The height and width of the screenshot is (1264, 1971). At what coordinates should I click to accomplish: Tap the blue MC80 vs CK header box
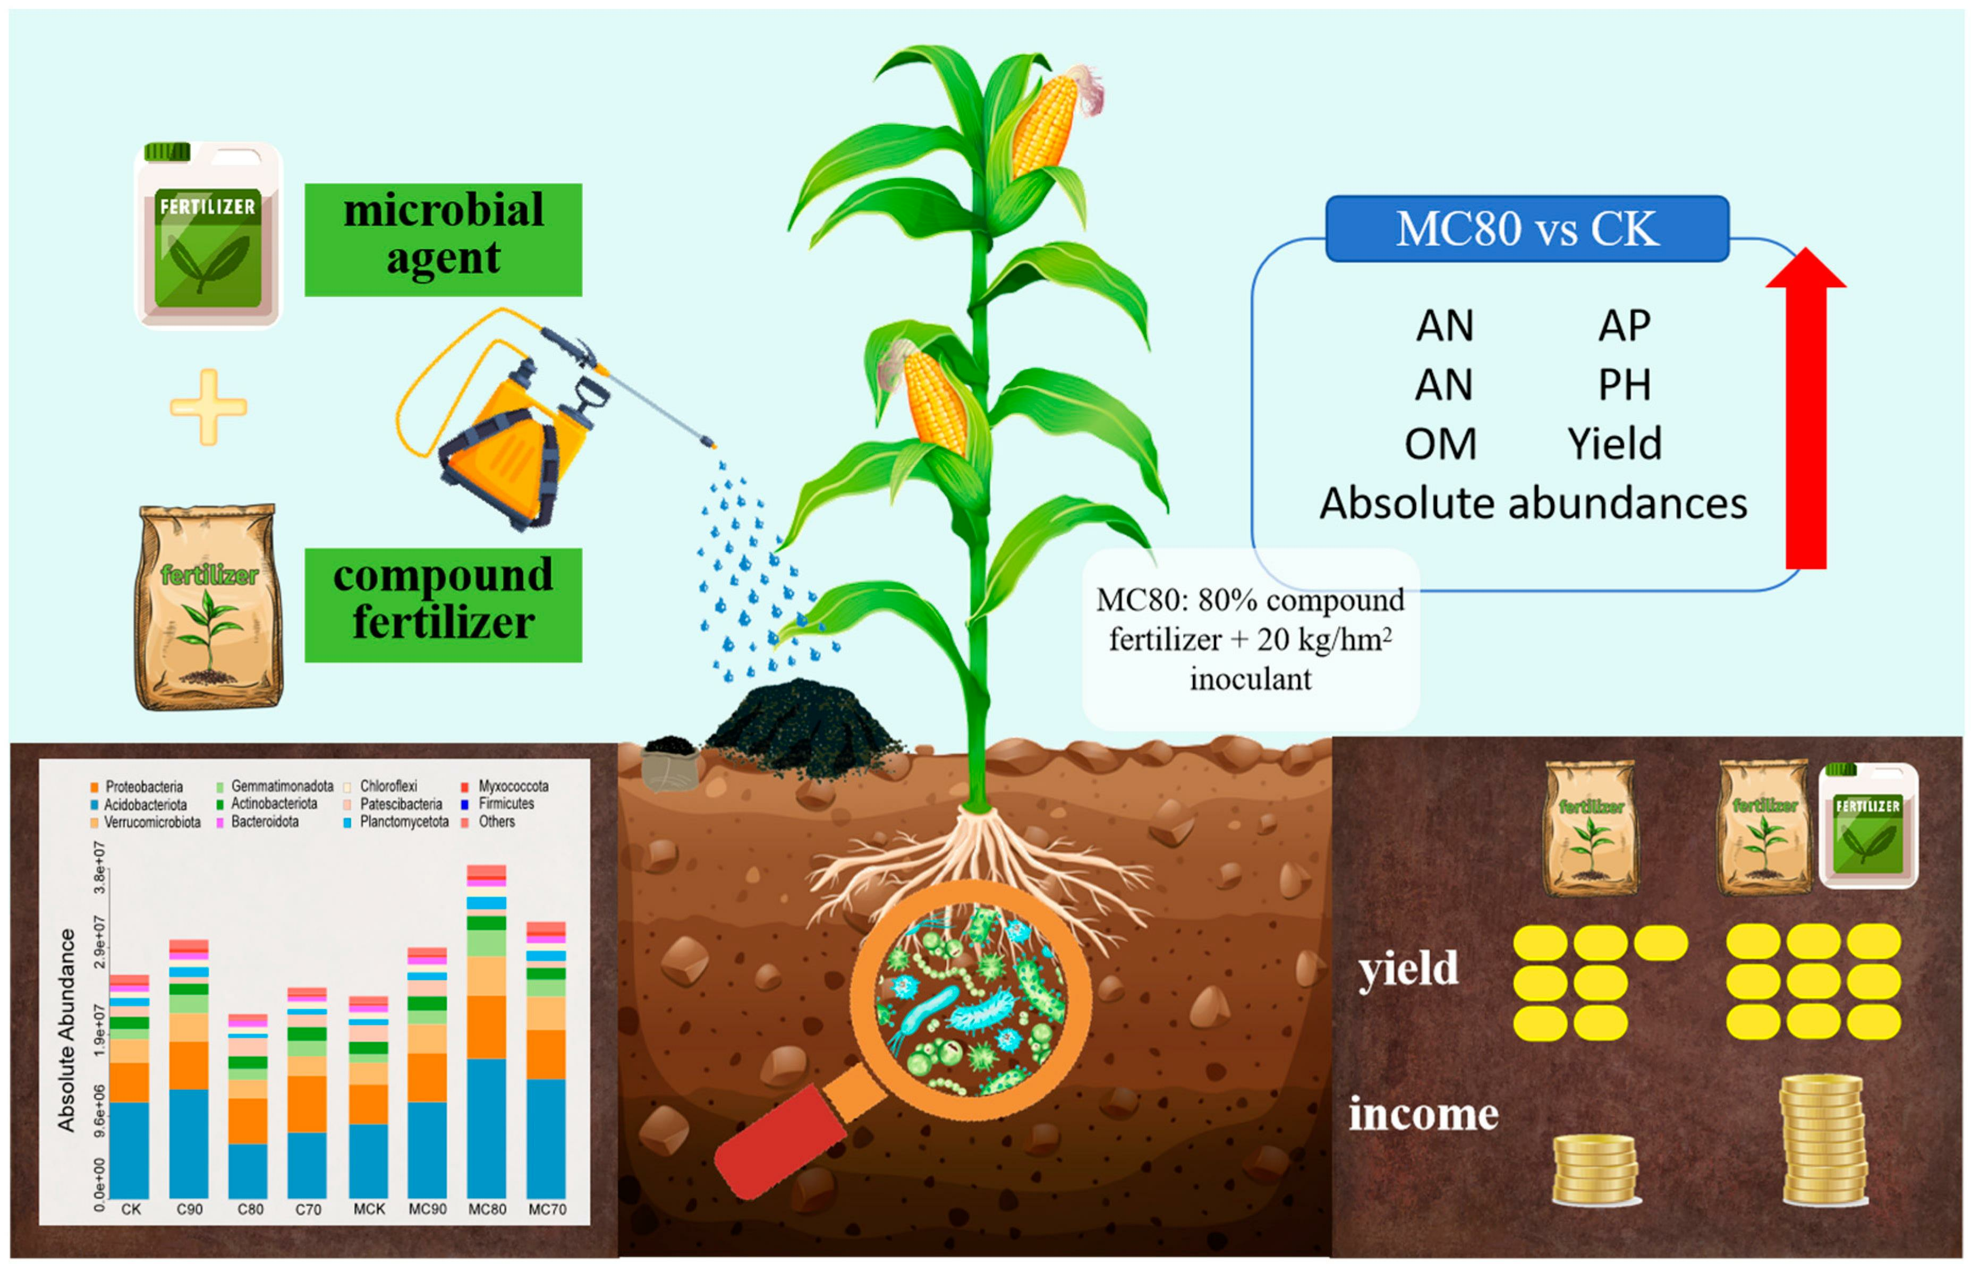[1527, 228]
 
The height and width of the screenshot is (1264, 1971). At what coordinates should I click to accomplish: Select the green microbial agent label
[443, 239]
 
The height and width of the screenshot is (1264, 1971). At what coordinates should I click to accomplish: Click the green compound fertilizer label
[443, 605]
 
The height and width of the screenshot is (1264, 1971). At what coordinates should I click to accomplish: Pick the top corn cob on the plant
[1044, 123]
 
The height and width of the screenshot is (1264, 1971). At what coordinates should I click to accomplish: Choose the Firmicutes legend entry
[498, 804]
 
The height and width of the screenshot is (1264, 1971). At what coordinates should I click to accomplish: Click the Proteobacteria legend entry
[137, 787]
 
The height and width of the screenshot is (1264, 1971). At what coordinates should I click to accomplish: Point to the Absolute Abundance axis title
[66, 1031]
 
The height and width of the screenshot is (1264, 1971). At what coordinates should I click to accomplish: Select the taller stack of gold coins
[1823, 1141]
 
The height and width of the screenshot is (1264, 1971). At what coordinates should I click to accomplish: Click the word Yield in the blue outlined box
[1615, 443]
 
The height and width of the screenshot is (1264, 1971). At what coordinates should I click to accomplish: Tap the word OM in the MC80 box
[1441, 444]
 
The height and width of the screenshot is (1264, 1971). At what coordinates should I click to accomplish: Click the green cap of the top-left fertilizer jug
[167, 152]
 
